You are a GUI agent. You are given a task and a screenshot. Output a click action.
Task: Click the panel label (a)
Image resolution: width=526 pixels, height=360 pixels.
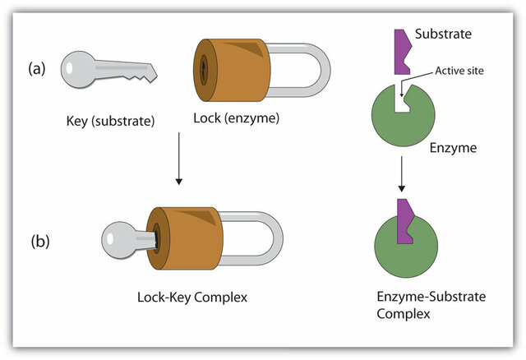pyautogui.click(x=39, y=70)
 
